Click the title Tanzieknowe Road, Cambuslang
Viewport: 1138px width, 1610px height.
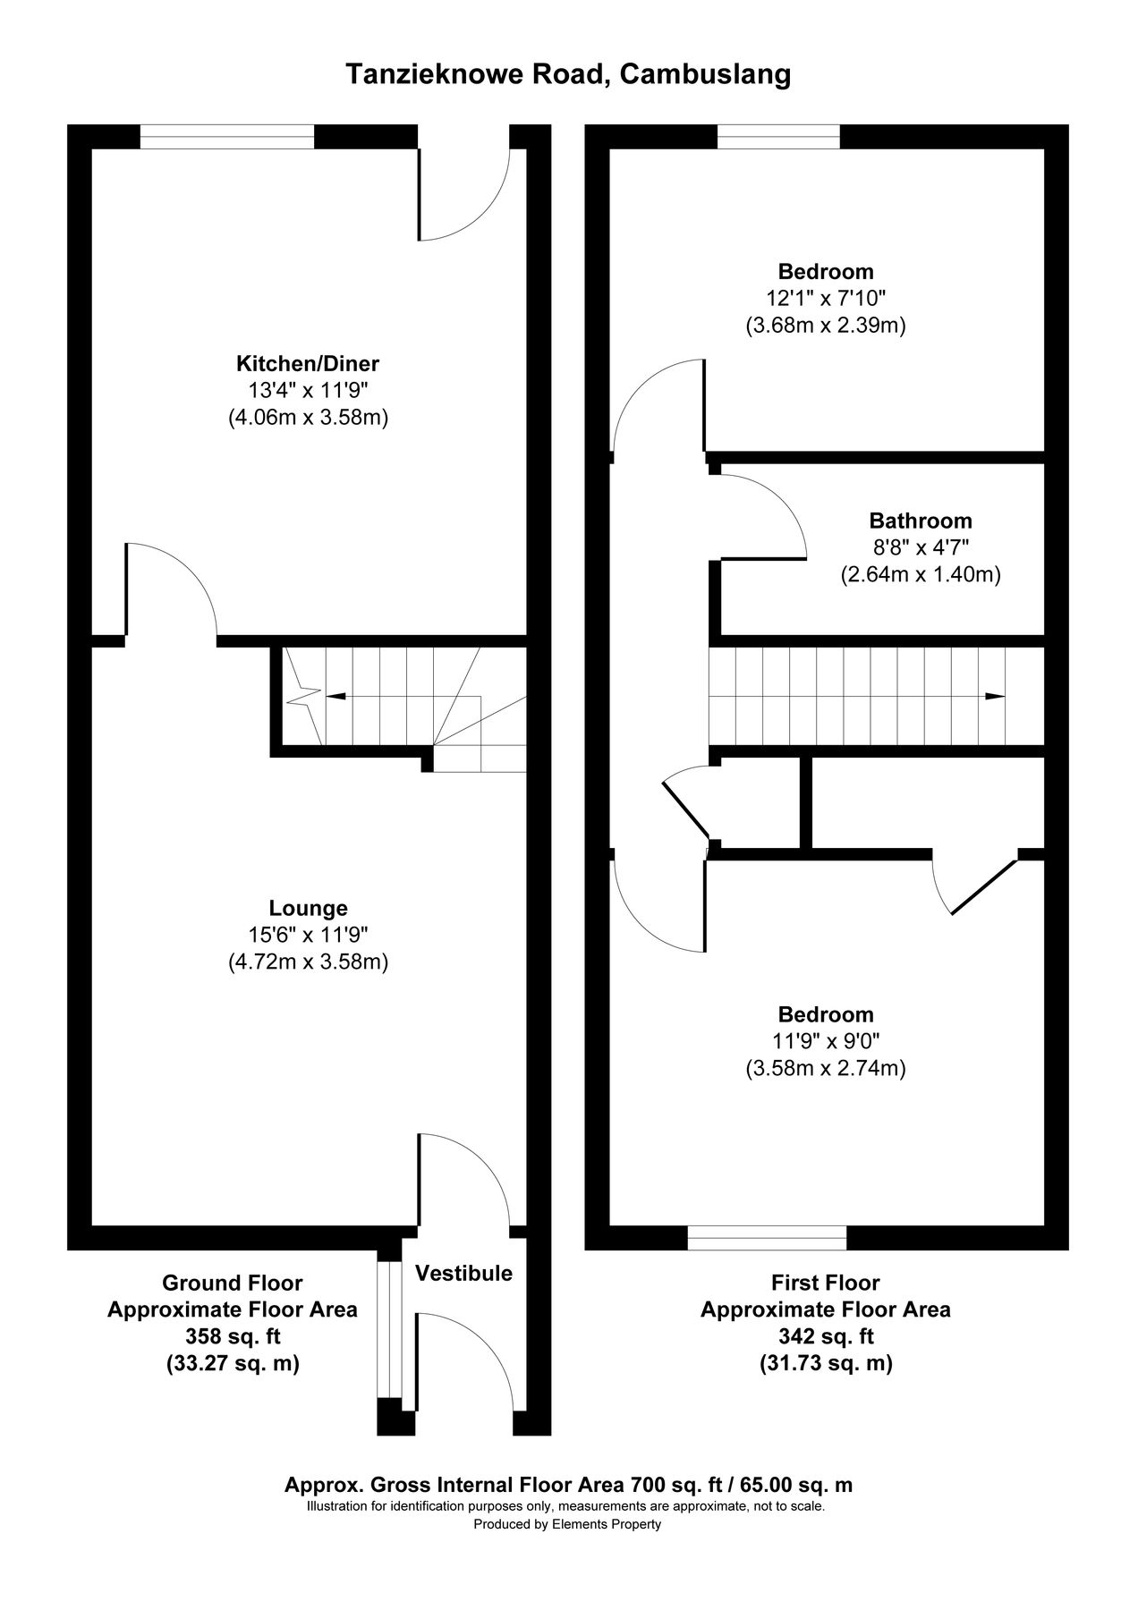pyautogui.click(x=568, y=75)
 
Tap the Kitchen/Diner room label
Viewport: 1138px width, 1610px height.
pyautogui.click(x=307, y=364)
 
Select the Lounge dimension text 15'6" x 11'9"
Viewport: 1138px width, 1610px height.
pyautogui.click(x=308, y=935)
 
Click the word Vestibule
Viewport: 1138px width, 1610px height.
pyautogui.click(x=463, y=1273)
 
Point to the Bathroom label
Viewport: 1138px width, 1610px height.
pyautogui.click(x=920, y=521)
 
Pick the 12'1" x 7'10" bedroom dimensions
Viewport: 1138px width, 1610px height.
pyautogui.click(x=826, y=298)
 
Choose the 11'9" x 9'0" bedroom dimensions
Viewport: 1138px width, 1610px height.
pyautogui.click(x=826, y=1041)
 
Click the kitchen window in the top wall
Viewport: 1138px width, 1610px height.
pyautogui.click(x=227, y=137)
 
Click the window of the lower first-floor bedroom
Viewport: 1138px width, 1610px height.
pyautogui.click(x=767, y=1238)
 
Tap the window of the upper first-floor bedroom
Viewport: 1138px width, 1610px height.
pyautogui.click(x=778, y=137)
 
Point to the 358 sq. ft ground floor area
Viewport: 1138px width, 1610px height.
pyautogui.click(x=232, y=1336)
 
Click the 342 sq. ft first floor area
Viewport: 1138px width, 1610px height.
pyautogui.click(x=825, y=1336)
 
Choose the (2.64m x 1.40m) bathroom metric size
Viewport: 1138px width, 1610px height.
pyautogui.click(x=920, y=575)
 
